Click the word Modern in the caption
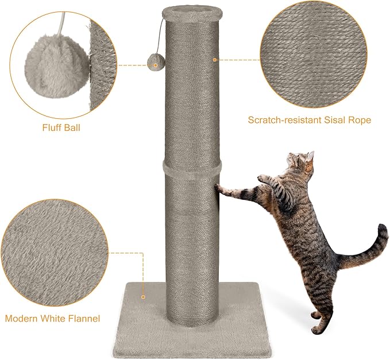point(24,318)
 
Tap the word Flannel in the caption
point(86,318)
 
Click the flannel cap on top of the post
point(191,10)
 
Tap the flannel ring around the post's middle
point(192,167)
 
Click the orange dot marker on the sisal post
point(215,59)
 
